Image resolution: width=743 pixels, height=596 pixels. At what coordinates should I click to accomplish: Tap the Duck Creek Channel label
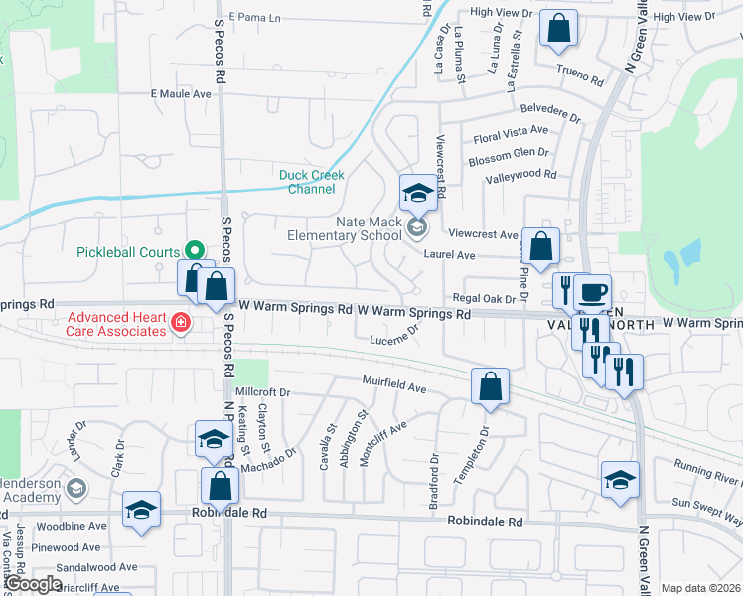[x=311, y=182]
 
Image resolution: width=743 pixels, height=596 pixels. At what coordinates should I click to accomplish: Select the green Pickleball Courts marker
[x=195, y=252]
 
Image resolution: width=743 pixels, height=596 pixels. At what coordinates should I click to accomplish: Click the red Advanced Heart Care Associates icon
[x=180, y=320]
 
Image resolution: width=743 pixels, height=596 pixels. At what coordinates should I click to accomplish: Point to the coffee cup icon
[x=593, y=292]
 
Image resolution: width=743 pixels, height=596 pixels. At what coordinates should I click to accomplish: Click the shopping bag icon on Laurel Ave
[x=539, y=247]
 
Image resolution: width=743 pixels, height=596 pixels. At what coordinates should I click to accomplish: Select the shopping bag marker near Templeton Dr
[x=490, y=386]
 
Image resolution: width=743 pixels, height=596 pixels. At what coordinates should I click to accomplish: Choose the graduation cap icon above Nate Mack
[x=418, y=192]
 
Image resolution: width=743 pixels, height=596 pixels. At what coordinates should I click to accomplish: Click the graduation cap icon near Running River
[x=620, y=480]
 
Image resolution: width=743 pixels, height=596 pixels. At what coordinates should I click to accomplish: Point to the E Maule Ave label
[x=181, y=94]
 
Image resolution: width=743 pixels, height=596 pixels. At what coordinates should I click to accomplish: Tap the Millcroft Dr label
[x=261, y=392]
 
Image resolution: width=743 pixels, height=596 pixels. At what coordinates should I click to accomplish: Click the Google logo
[x=32, y=584]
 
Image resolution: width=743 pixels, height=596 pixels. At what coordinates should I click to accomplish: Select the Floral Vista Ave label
[x=511, y=130]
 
